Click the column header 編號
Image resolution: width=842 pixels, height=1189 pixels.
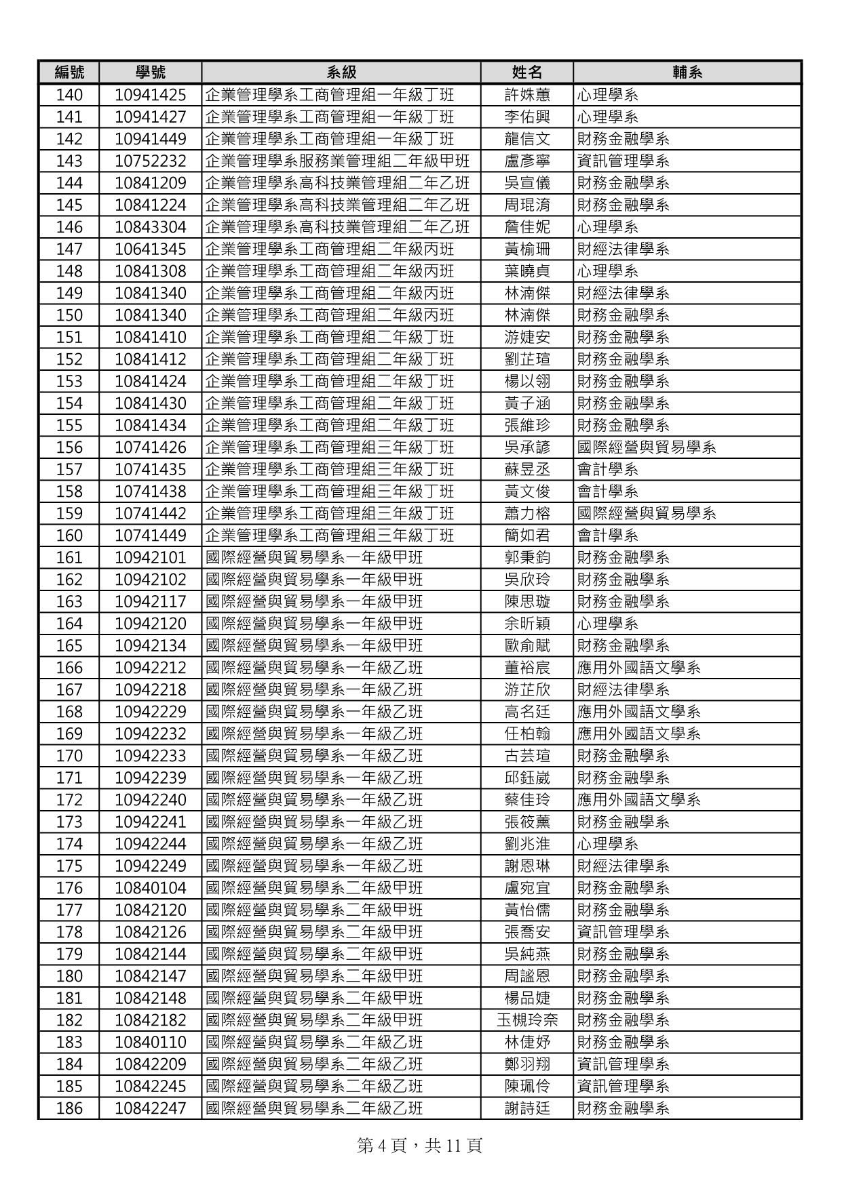(x=69, y=73)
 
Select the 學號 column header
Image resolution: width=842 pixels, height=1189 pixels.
(x=150, y=73)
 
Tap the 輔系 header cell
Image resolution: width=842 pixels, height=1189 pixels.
(x=687, y=73)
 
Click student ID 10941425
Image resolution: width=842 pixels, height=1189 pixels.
(x=150, y=95)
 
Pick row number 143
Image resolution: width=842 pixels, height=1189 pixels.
(x=69, y=161)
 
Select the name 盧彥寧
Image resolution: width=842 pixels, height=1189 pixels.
(x=527, y=161)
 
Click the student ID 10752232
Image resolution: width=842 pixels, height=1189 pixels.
(x=150, y=161)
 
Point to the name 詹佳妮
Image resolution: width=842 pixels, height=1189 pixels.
(x=527, y=227)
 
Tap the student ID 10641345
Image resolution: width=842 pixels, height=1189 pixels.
(x=150, y=249)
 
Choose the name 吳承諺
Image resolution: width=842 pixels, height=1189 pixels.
(x=527, y=447)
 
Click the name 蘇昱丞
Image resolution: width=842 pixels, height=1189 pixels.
(x=527, y=469)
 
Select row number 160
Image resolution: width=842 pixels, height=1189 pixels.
(x=69, y=536)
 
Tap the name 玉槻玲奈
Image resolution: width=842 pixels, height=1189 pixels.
(x=527, y=1020)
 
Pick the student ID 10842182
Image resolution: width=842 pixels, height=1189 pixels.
(x=150, y=1020)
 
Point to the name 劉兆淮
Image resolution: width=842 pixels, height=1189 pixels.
(x=527, y=844)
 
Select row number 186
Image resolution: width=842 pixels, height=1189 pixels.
(x=69, y=1108)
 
